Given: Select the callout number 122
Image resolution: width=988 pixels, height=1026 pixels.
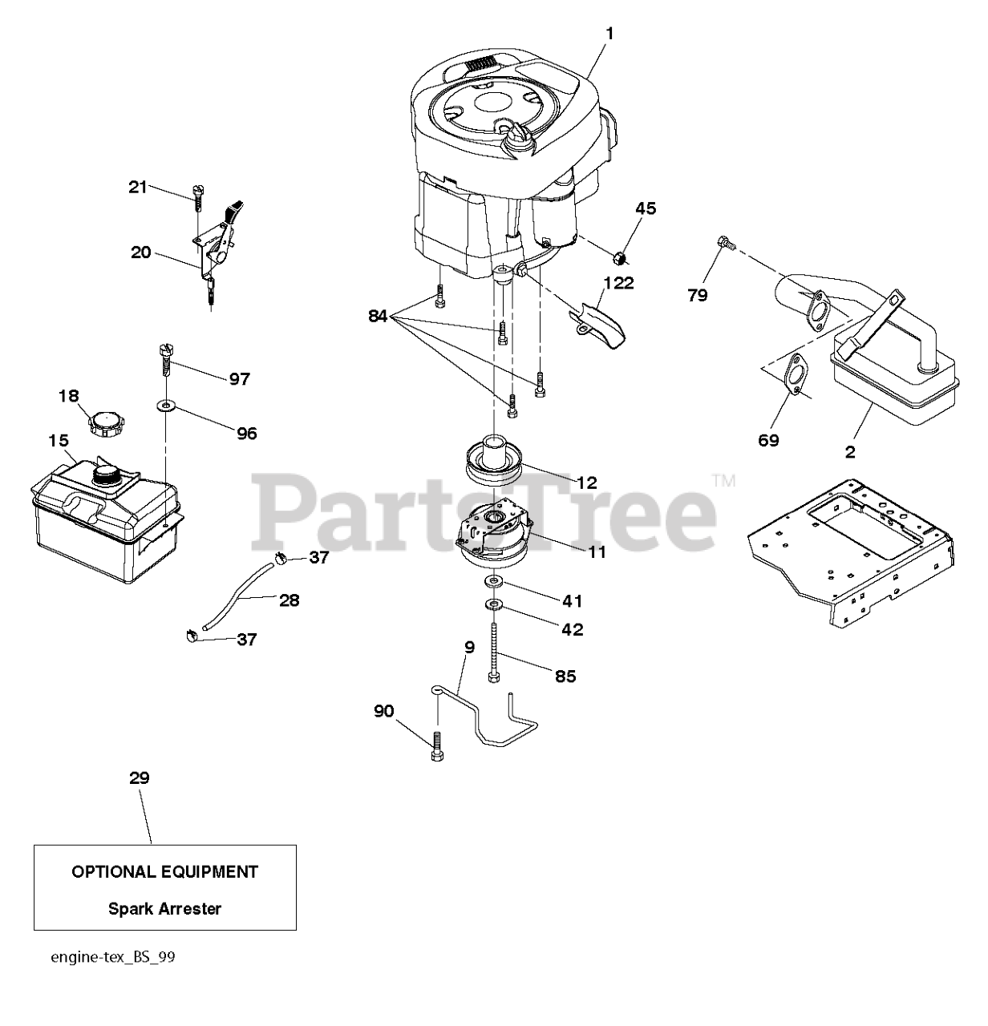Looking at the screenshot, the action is [618, 282].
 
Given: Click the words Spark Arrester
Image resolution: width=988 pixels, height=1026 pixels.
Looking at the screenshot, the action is [165, 909].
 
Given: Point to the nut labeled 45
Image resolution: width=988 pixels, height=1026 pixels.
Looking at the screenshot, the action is [620, 258].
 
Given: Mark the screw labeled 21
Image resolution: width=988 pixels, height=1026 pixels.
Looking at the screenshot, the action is [197, 195].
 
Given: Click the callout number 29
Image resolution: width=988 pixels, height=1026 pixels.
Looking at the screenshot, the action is [139, 778].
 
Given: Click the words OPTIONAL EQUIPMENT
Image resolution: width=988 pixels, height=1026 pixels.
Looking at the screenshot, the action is [165, 871].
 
